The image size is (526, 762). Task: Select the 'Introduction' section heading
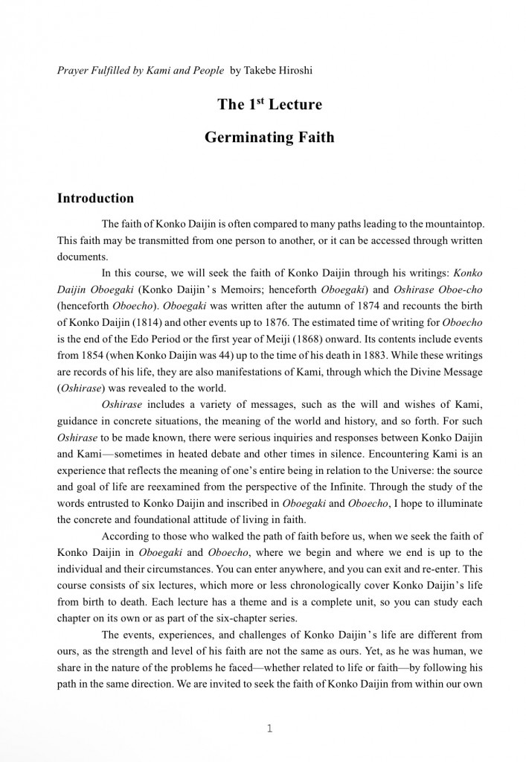pyautogui.click(x=95, y=199)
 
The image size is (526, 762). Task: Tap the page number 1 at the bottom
pyautogui.click(x=269, y=729)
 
